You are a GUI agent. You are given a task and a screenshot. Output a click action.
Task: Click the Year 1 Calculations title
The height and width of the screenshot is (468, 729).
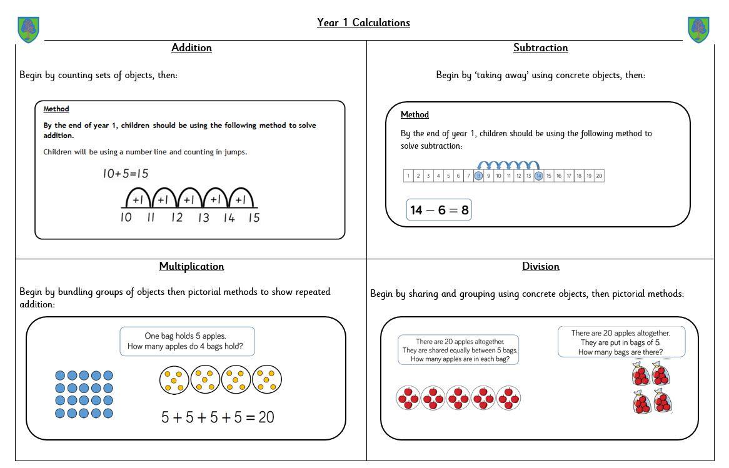(x=363, y=23)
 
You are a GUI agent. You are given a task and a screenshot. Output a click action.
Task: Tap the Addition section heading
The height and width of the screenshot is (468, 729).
(x=191, y=48)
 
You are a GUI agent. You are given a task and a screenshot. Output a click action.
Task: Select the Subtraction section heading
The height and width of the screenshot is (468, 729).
(x=540, y=48)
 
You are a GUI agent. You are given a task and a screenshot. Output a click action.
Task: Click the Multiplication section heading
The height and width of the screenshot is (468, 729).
(x=191, y=267)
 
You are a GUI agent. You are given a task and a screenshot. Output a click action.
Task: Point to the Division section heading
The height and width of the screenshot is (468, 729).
(x=540, y=267)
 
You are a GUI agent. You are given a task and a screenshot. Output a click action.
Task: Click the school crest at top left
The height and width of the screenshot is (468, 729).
(x=29, y=29)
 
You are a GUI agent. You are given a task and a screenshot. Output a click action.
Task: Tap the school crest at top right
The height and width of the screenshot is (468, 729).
(x=698, y=29)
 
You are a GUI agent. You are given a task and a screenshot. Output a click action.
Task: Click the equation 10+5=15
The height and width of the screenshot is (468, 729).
(x=126, y=174)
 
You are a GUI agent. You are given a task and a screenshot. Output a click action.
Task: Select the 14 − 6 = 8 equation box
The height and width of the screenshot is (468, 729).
(x=439, y=210)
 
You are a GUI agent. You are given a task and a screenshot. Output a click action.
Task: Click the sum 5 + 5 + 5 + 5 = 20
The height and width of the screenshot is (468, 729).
(x=218, y=417)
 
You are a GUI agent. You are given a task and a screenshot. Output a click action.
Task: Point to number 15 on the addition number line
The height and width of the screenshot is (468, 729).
(x=253, y=218)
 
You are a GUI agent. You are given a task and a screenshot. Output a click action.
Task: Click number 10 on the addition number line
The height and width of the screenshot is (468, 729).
(x=126, y=218)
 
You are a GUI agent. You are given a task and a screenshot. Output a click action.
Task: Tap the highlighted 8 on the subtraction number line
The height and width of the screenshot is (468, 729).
(x=478, y=176)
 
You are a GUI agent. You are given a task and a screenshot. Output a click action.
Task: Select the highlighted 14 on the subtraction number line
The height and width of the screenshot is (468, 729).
(x=538, y=176)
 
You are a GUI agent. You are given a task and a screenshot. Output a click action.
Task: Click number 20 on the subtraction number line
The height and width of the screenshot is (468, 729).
(x=599, y=176)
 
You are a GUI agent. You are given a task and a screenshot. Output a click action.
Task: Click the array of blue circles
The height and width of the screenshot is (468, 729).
(x=84, y=394)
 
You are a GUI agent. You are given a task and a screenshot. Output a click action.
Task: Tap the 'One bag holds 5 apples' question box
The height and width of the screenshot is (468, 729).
(x=187, y=341)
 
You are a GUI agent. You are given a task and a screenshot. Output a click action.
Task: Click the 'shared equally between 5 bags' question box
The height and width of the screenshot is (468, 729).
(x=458, y=350)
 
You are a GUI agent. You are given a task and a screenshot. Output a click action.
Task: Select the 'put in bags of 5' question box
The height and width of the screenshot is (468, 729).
(x=621, y=342)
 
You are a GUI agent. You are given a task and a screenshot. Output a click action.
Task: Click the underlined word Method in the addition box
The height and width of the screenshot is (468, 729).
(x=56, y=109)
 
